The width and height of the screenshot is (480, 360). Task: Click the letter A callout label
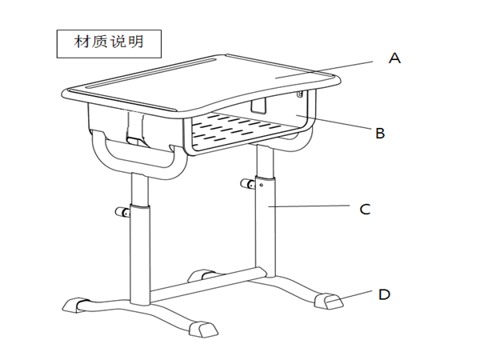[x=394, y=58]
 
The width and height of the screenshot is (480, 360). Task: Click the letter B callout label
[x=381, y=133]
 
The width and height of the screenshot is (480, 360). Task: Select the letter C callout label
[x=365, y=210]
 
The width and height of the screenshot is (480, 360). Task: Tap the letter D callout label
[x=384, y=294]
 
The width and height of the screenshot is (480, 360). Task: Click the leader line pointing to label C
[x=312, y=208]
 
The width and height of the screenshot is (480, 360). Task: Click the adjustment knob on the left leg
[x=122, y=213]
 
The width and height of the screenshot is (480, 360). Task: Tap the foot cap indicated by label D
[x=329, y=302]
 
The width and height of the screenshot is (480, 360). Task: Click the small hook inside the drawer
[x=258, y=105]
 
